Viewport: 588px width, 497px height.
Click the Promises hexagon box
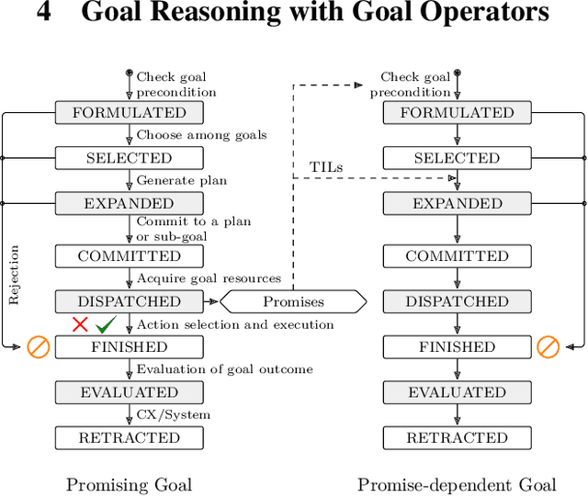tap(293, 301)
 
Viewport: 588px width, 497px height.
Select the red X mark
tap(80, 324)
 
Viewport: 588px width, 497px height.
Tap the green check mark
tap(106, 324)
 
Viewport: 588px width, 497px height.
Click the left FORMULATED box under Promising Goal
tap(129, 113)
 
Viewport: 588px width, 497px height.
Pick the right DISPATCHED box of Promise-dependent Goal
tap(457, 301)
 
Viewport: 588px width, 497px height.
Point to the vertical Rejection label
tap(14, 275)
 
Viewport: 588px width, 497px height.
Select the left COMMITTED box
tap(129, 256)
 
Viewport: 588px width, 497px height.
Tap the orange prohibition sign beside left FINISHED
tap(38, 347)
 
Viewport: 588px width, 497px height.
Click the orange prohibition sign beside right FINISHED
tap(548, 347)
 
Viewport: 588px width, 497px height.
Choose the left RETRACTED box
tap(129, 438)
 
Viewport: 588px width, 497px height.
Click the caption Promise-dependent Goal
tap(457, 484)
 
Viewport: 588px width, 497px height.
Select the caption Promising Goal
tap(129, 484)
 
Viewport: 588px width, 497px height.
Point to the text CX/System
tap(174, 414)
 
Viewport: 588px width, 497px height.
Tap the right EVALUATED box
tap(457, 392)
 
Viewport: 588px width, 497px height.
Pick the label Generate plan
tap(181, 180)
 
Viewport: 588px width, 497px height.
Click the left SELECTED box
tap(129, 158)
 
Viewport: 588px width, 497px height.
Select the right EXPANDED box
tap(457, 203)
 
